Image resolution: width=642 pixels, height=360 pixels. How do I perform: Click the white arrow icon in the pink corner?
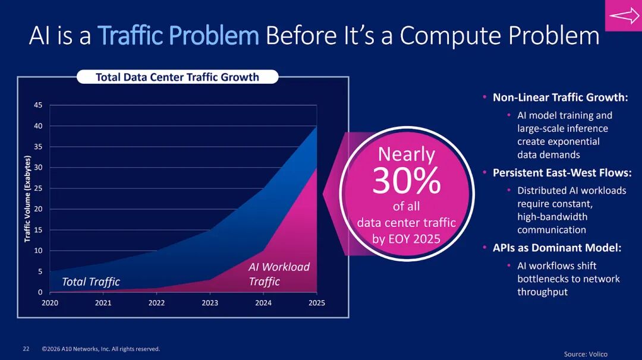pos(624,16)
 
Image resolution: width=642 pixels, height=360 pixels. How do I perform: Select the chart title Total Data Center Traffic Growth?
pos(177,77)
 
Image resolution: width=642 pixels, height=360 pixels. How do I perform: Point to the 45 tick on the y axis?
pos(38,105)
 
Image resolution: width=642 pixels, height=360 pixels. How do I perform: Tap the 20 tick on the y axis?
pos(38,209)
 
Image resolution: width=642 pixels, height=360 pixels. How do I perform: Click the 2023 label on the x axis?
pos(210,303)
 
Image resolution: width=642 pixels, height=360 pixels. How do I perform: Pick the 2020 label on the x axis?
pos(50,303)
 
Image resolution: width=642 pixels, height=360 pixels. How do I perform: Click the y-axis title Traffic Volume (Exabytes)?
pos(27,198)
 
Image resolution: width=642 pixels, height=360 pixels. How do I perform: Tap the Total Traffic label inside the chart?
pos(91,282)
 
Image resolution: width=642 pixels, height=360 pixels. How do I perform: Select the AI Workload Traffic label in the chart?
pos(279,274)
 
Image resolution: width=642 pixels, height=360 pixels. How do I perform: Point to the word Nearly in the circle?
pos(407,154)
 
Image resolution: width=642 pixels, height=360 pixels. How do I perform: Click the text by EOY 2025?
pos(407,239)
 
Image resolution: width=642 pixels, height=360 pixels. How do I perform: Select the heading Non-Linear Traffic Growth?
pos(560,97)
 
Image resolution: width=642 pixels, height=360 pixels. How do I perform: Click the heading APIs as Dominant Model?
pos(557,248)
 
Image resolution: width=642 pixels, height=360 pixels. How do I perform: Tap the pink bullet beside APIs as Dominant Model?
pos(484,247)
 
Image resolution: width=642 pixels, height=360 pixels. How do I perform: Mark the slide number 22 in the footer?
pos(26,349)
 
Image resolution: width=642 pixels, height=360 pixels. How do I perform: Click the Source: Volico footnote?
pos(586,354)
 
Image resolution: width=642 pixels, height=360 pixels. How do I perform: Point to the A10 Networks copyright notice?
pos(101,349)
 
